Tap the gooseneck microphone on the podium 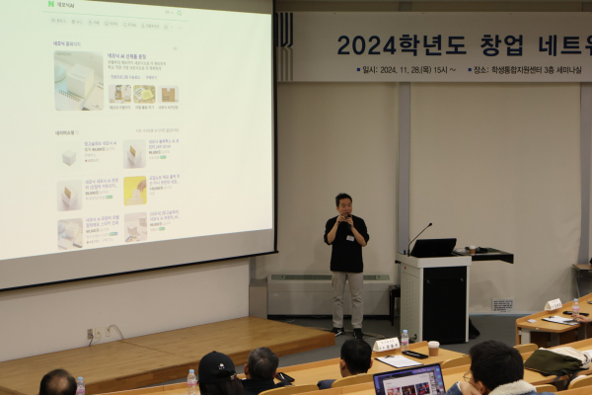click(x=418, y=237)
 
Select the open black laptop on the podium click(x=434, y=247)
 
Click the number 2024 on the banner click(x=366, y=44)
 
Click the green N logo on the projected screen click(x=49, y=5)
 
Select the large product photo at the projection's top click(x=78, y=80)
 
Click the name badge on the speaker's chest click(x=349, y=238)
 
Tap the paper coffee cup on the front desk click(x=433, y=348)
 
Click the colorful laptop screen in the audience click(x=409, y=380)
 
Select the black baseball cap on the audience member click(x=216, y=366)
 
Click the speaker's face click(x=343, y=204)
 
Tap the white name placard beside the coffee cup click(x=386, y=345)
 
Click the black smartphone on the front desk click(x=414, y=354)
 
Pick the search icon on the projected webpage click(x=179, y=13)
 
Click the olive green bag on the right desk click(x=553, y=362)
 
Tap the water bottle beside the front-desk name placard click(x=405, y=339)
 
